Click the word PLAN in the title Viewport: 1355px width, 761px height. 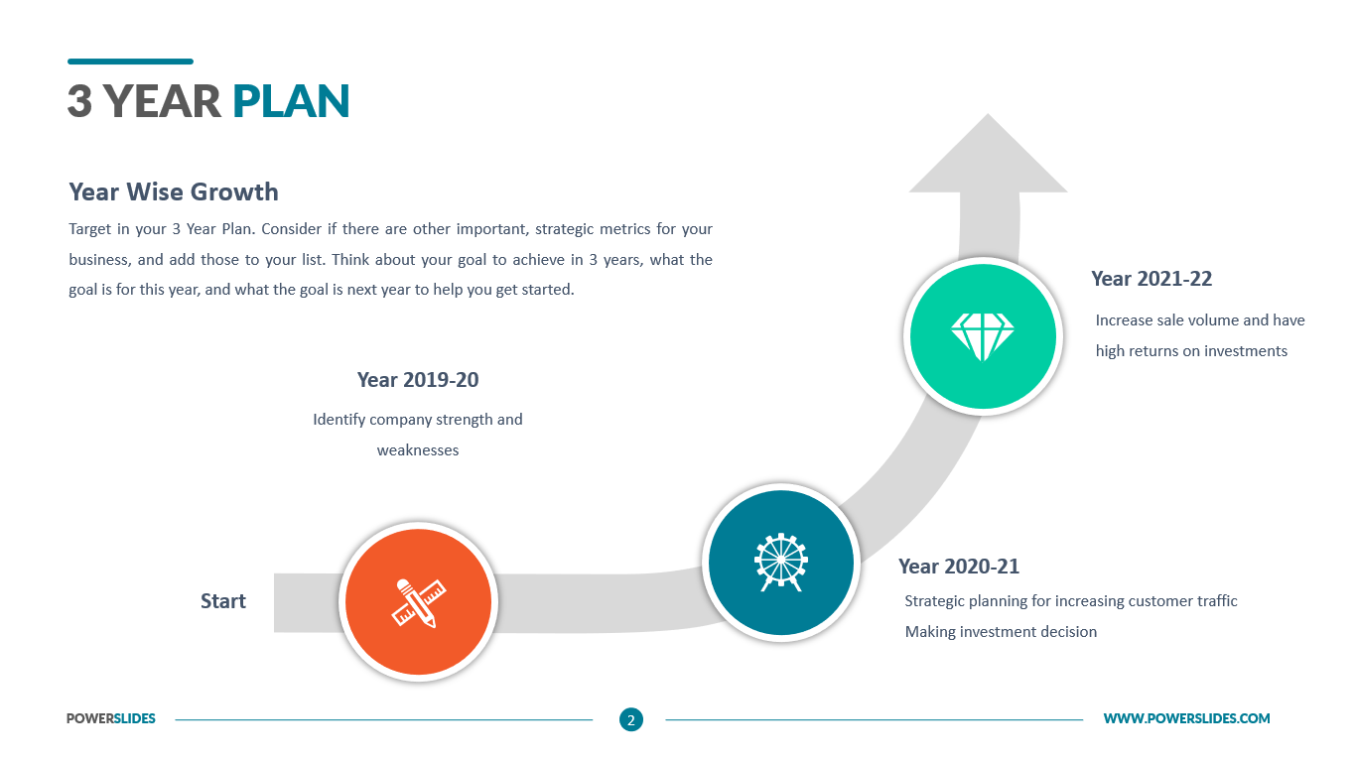pyautogui.click(x=291, y=101)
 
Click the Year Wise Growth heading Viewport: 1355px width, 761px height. pyautogui.click(x=174, y=191)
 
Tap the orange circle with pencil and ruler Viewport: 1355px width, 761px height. pyautogui.click(x=418, y=602)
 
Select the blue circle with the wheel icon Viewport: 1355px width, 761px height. pyautogui.click(x=781, y=563)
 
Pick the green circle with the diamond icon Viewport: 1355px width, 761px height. pyautogui.click(x=983, y=336)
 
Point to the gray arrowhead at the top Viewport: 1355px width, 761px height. pyautogui.click(x=988, y=153)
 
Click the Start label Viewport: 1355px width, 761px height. pyautogui.click(x=223, y=601)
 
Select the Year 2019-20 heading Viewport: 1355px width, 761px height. pyautogui.click(x=418, y=380)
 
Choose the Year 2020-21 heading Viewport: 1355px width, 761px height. pyautogui.click(x=959, y=567)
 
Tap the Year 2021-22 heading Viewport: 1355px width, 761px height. pyautogui.click(x=1152, y=279)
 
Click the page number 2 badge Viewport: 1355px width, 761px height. pyautogui.click(x=631, y=719)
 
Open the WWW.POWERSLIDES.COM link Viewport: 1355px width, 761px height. pyautogui.click(x=1186, y=718)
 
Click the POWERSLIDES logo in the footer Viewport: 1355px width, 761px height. pyautogui.click(x=111, y=718)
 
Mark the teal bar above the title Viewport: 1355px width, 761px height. pyautogui.click(x=131, y=62)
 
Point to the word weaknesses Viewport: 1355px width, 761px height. pyautogui.click(x=418, y=450)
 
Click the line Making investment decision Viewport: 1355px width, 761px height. pyautogui.click(x=1001, y=632)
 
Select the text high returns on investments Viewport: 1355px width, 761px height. pyautogui.click(x=1191, y=351)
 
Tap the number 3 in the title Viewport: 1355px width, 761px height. pyautogui.click(x=79, y=101)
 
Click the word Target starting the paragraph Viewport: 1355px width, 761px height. pyautogui.click(x=90, y=230)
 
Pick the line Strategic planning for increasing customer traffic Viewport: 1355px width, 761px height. pyautogui.click(x=1071, y=601)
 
